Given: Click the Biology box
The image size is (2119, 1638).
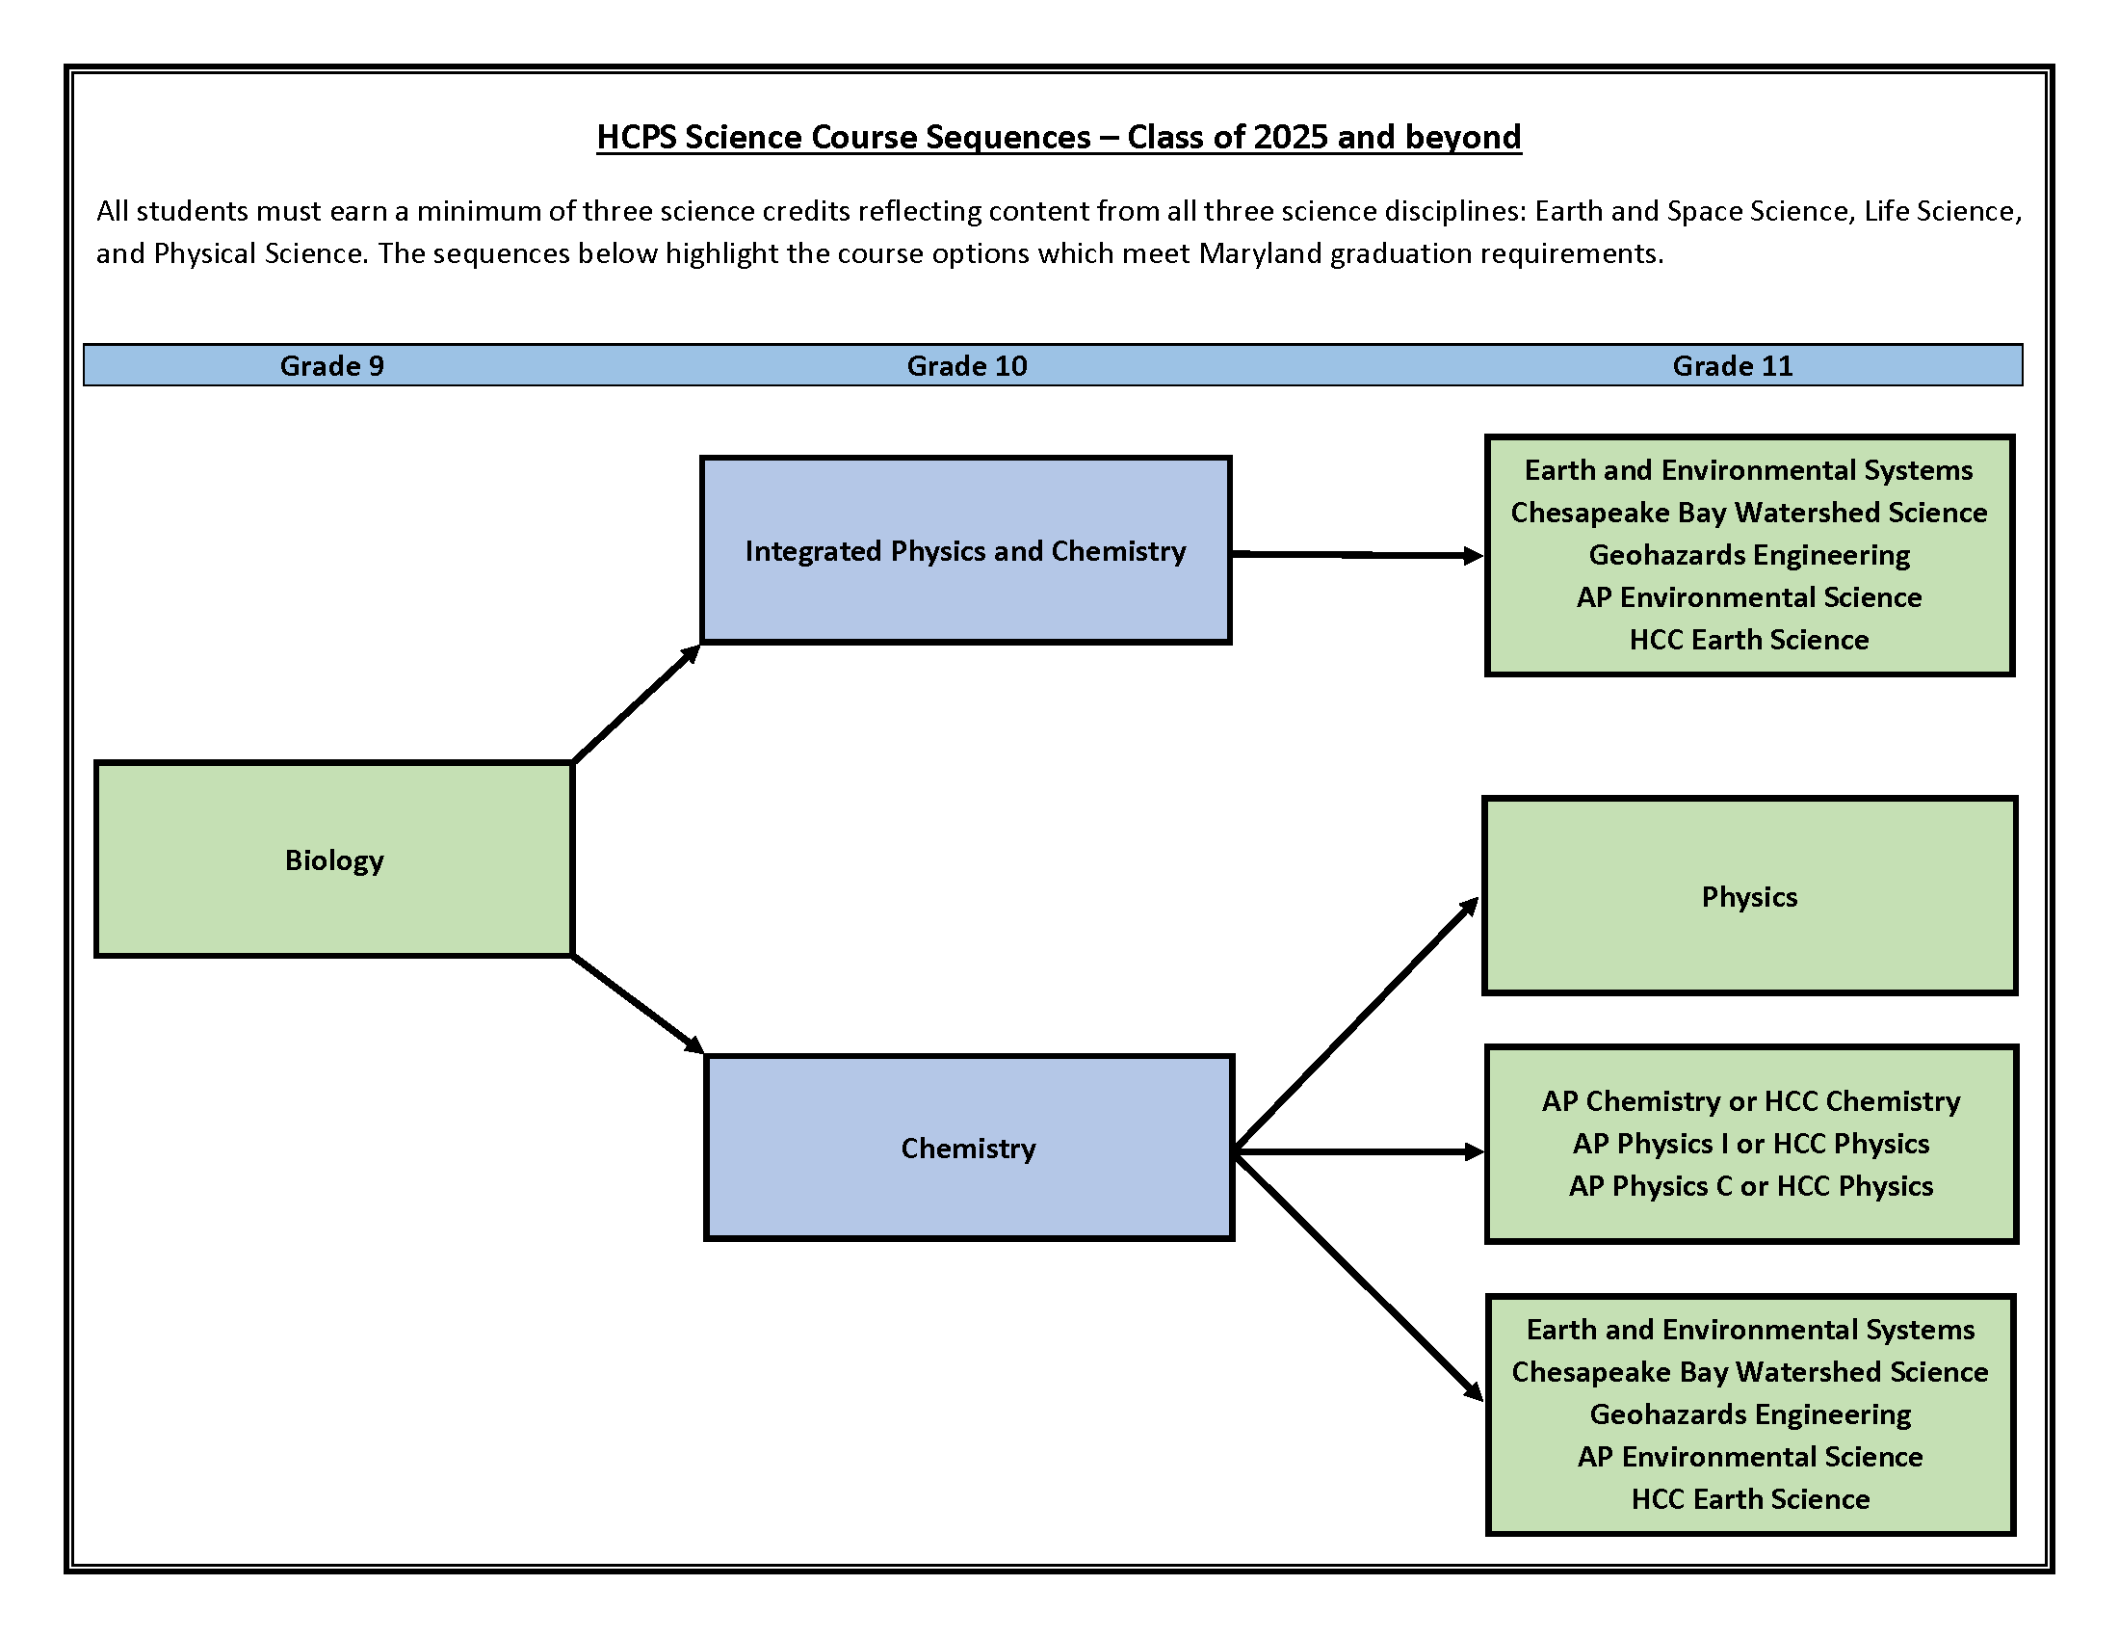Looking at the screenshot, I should pos(334,859).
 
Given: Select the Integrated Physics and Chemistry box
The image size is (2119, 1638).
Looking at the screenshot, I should pos(965,550).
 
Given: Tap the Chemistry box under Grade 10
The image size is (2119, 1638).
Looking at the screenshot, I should pos(968,1148).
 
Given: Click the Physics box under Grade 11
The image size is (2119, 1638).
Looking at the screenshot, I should pos(1749,897).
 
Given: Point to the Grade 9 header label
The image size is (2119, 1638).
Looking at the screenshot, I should pos(332,366).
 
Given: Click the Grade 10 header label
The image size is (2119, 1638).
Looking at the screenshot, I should pos(966,366).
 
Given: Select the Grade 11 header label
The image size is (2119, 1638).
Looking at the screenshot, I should pos(1732,366).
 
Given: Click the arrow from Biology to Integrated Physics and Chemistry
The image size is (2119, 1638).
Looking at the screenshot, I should pos(636,704).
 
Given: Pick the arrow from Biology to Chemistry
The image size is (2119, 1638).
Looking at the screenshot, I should pos(638,1003).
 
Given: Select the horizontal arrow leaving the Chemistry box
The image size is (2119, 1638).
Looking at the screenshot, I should pos(1358,1151).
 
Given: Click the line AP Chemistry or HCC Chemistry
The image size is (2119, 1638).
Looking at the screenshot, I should pos(1750,1101).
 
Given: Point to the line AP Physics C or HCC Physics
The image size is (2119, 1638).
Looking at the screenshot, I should pos(1750,1186).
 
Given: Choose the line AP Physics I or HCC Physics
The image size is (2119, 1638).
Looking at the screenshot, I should pos(1750,1143).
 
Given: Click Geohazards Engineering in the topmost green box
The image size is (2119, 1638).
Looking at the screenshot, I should pos(1748,555).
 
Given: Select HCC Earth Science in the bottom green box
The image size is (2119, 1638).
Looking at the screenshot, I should pos(1750,1499).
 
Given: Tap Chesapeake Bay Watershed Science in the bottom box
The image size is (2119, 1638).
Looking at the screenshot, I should pos(1749,1372).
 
